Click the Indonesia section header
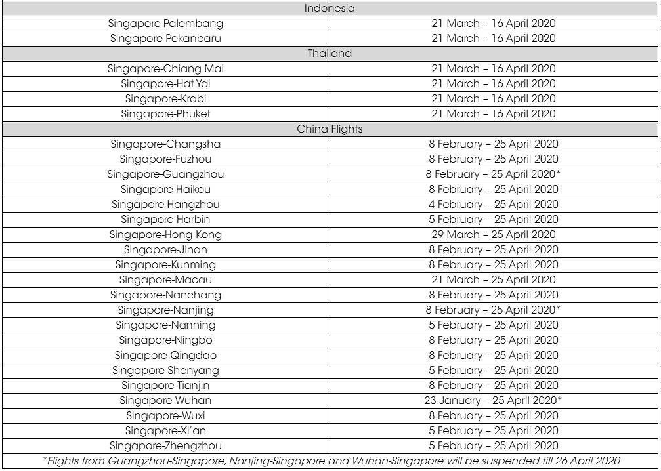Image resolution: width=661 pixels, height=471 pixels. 330,9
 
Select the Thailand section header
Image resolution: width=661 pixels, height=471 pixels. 330,54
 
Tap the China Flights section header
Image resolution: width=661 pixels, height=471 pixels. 330,129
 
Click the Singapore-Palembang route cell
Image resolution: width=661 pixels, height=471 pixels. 165,24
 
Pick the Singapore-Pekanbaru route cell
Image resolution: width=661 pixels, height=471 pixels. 165,39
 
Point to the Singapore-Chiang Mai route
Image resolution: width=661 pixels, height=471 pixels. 165,69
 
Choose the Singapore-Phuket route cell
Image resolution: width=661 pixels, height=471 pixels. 165,114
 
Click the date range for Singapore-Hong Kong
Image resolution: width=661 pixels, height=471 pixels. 493,235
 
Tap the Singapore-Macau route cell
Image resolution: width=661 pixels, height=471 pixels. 165,280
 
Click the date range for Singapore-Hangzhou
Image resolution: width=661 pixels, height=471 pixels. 493,205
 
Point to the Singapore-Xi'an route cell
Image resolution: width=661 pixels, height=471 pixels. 165,431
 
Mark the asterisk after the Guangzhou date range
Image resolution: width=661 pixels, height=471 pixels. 559,173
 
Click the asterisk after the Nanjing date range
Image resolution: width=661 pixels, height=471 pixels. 559,309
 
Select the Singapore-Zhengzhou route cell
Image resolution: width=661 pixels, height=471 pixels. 165,446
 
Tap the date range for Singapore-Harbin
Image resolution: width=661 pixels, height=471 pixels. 493,220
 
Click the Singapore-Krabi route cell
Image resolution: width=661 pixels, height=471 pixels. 165,99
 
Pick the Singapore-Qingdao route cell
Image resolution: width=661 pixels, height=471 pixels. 165,356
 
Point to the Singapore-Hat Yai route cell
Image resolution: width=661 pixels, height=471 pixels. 165,84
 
